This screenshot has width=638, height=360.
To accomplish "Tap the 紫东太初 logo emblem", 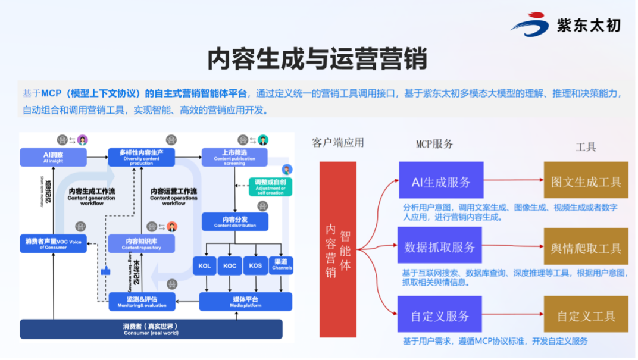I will click(529, 26).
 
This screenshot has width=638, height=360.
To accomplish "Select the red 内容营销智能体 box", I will click(337, 249).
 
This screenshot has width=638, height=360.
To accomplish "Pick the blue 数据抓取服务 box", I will click(440, 247).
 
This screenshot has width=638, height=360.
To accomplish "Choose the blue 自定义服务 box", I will click(440, 315).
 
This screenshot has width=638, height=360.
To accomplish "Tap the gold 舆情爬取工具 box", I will click(586, 247).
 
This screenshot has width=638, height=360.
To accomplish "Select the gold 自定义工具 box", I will click(586, 315).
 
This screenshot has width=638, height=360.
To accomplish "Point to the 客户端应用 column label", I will click(337, 143).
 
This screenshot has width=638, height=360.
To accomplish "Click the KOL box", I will click(204, 266).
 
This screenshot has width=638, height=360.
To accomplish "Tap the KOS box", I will click(255, 266).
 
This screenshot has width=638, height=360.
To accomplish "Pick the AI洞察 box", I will click(53, 156).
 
